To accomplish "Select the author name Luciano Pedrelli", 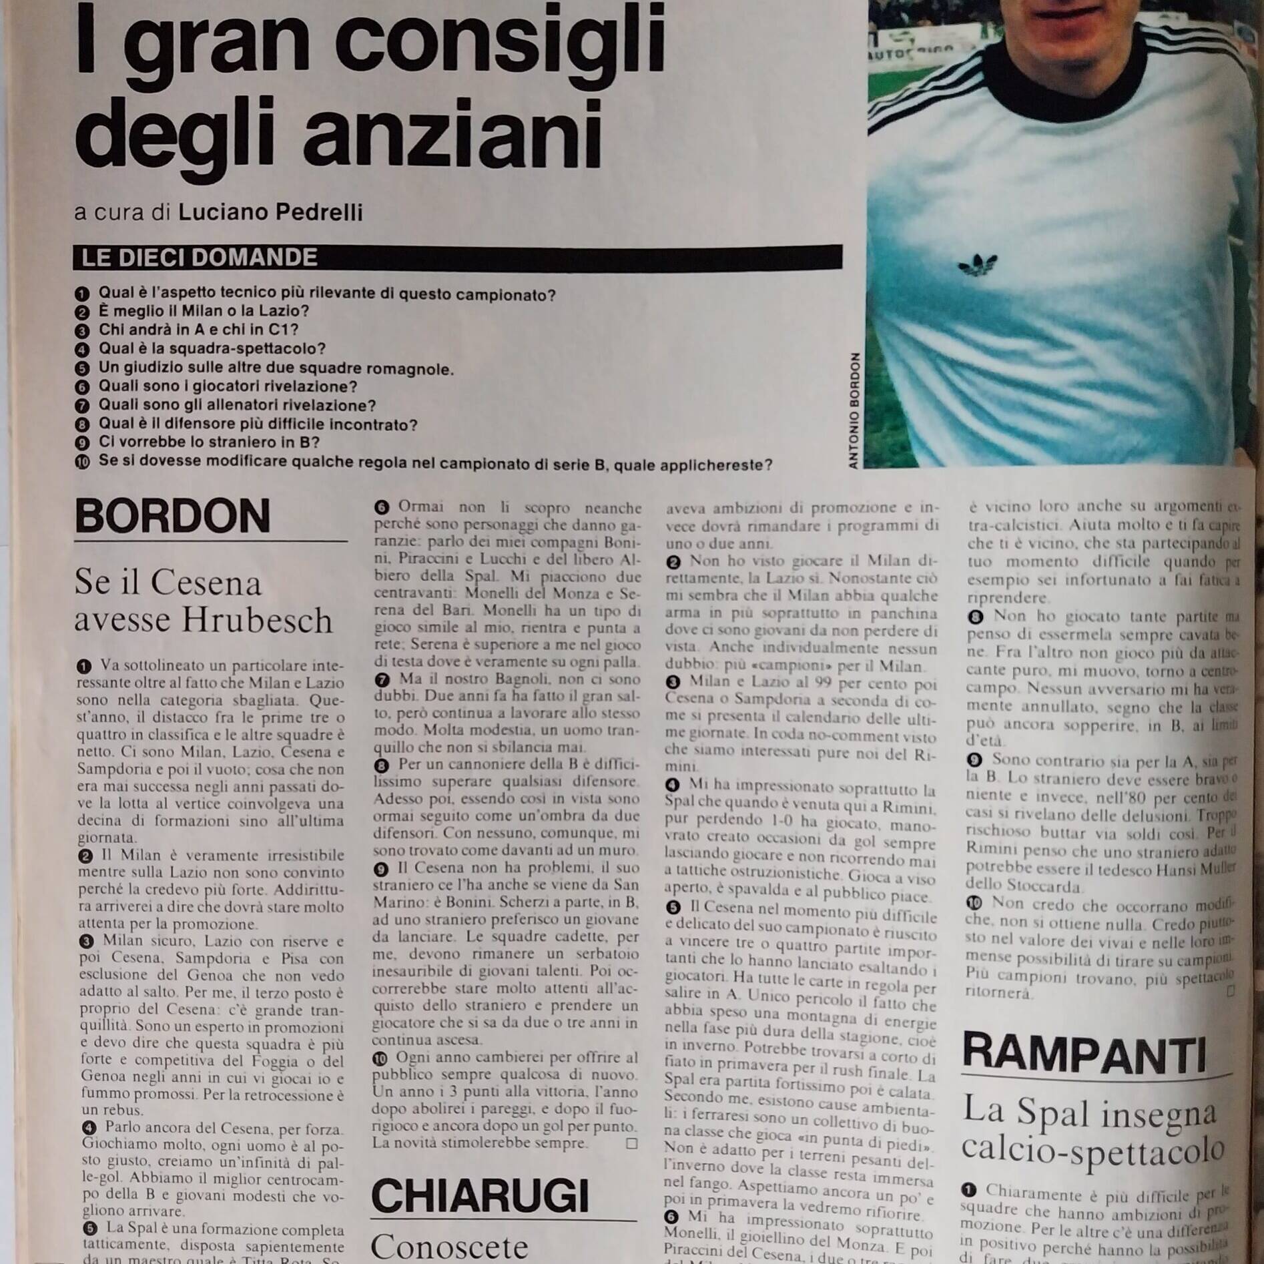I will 270,212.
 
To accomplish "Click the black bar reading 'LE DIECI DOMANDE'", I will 457,258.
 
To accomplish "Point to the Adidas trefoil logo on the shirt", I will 977,265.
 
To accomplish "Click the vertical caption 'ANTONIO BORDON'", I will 854,410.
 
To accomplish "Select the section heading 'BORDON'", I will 172,516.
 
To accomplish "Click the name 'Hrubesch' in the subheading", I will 257,620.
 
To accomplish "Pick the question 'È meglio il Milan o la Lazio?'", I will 204,311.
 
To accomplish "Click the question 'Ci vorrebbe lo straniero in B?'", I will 209,442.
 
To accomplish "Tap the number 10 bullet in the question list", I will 83,462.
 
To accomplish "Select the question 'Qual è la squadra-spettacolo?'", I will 212,348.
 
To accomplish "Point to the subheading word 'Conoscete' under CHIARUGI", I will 448,1245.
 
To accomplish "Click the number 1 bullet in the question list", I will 83,294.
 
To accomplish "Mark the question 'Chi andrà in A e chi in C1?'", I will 198,330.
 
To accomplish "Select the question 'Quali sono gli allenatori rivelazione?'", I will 237,405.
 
